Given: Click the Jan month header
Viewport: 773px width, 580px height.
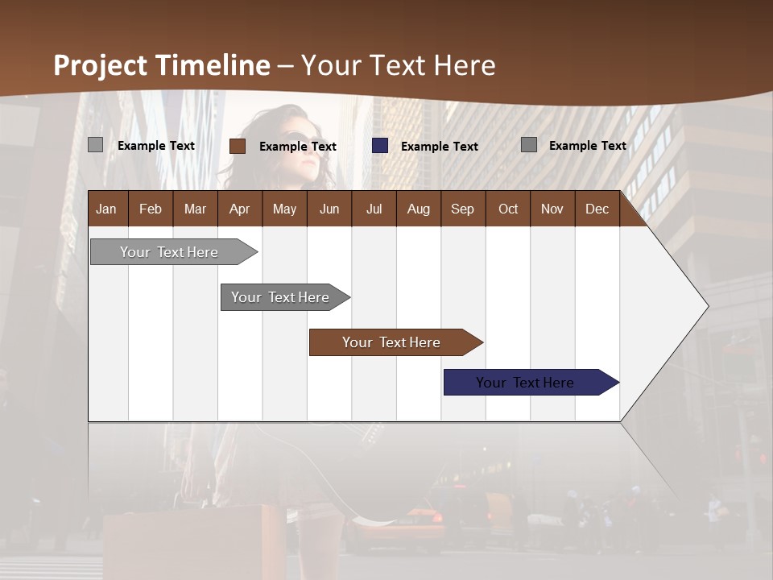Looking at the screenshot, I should click(106, 209).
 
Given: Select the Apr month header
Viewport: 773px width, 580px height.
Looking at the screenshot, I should click(240, 209).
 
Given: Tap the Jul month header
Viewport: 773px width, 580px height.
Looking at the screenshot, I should click(374, 209).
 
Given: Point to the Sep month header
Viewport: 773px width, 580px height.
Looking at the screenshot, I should click(462, 209).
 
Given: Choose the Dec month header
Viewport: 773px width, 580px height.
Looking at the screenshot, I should click(597, 209).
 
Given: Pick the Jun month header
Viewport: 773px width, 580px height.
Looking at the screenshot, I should click(329, 209).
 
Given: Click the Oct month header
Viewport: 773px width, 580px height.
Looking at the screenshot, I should click(508, 209).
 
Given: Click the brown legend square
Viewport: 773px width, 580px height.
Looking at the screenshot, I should click(238, 146).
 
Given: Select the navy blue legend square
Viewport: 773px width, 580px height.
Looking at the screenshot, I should click(380, 146).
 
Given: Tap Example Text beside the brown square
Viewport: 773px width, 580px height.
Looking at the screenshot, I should click(298, 147).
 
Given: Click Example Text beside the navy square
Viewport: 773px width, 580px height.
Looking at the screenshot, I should click(440, 147).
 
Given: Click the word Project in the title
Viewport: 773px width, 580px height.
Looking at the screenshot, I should click(101, 65).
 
